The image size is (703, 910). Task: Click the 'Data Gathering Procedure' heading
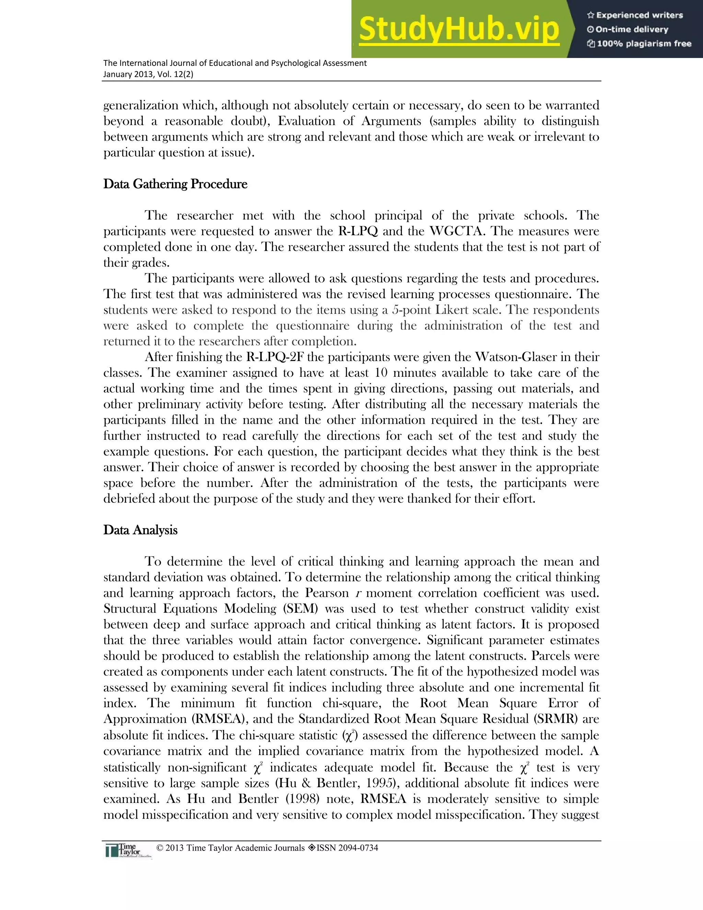coord(175,184)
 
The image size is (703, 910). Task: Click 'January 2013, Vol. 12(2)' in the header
coord(148,75)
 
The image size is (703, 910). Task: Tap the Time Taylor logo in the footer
coord(128,850)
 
